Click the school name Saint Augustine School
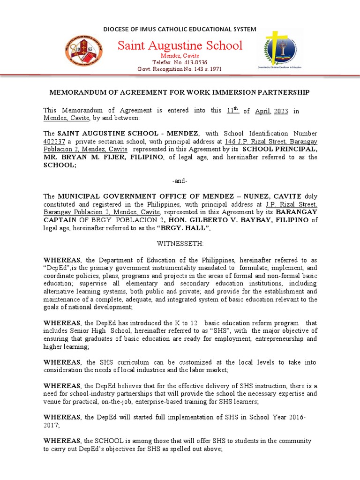(180, 45)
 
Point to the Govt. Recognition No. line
(180, 69)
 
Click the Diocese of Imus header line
(180, 29)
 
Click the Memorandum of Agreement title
(180, 92)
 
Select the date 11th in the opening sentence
(232, 111)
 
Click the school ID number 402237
(55, 142)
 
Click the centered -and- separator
(180, 180)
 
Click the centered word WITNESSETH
(180, 244)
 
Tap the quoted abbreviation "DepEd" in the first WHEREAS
(59, 268)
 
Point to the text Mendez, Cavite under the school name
(180, 56)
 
